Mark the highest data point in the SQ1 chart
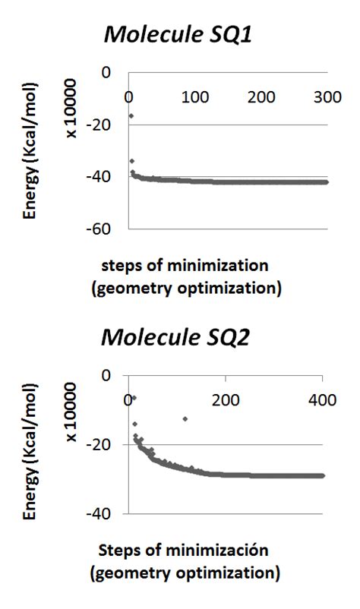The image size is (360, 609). pyautogui.click(x=131, y=115)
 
